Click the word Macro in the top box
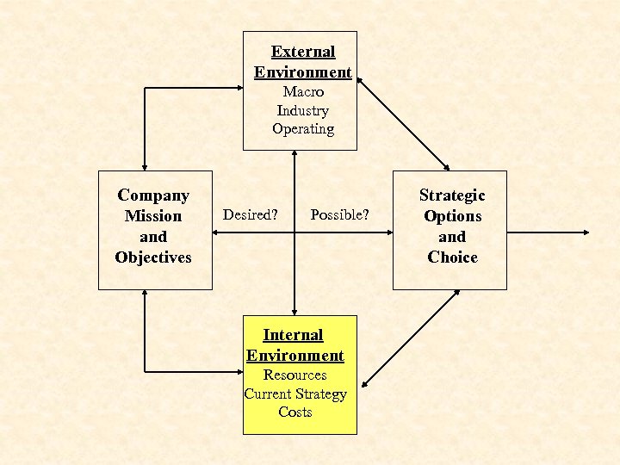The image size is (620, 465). click(303, 91)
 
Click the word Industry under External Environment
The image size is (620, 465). click(302, 110)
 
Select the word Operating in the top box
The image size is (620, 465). click(303, 129)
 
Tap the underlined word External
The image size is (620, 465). click(303, 52)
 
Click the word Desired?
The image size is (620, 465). click(251, 214)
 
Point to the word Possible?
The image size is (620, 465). click(339, 214)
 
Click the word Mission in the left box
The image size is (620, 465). click(153, 216)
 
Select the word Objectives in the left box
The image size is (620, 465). click(153, 257)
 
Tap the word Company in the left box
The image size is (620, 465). click(153, 195)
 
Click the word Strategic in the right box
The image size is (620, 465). click(452, 195)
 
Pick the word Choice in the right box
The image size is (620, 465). click(452, 257)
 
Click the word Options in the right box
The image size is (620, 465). click(452, 216)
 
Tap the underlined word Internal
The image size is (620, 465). click(293, 334)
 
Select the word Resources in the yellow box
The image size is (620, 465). click(294, 375)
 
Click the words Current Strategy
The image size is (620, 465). click(294, 394)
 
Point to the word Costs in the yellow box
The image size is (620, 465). click(294, 412)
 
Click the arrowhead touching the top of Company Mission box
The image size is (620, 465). click(145, 165)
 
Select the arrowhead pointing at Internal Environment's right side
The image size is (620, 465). click(365, 384)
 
